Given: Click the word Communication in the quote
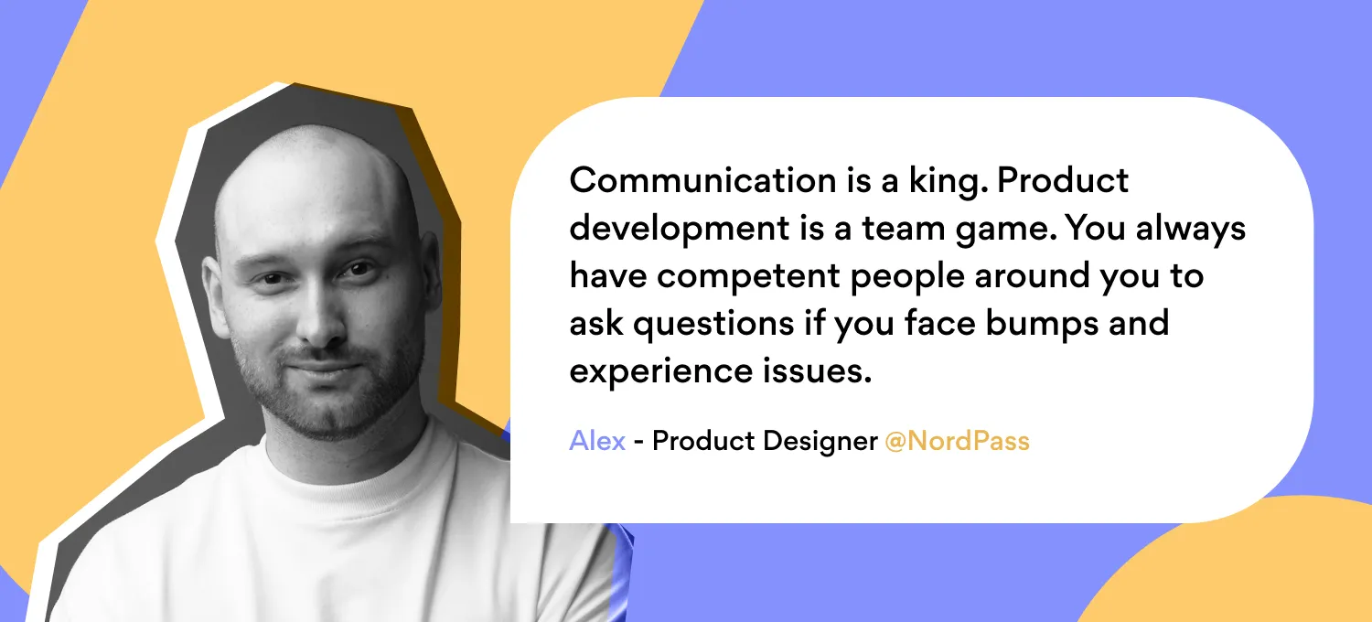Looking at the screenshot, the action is tap(703, 180).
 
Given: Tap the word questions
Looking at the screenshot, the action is tap(713, 325).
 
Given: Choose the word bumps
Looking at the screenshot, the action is tap(1043, 325).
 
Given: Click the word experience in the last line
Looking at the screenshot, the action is tap(661, 372).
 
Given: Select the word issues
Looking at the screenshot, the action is tap(817, 371).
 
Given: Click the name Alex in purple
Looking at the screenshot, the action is tap(597, 441).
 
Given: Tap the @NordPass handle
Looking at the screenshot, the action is tap(958, 441).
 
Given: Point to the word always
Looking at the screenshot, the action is tap(1191, 230).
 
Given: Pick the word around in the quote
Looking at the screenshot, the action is tap(1032, 275).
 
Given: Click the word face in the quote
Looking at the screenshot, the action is tap(939, 324).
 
